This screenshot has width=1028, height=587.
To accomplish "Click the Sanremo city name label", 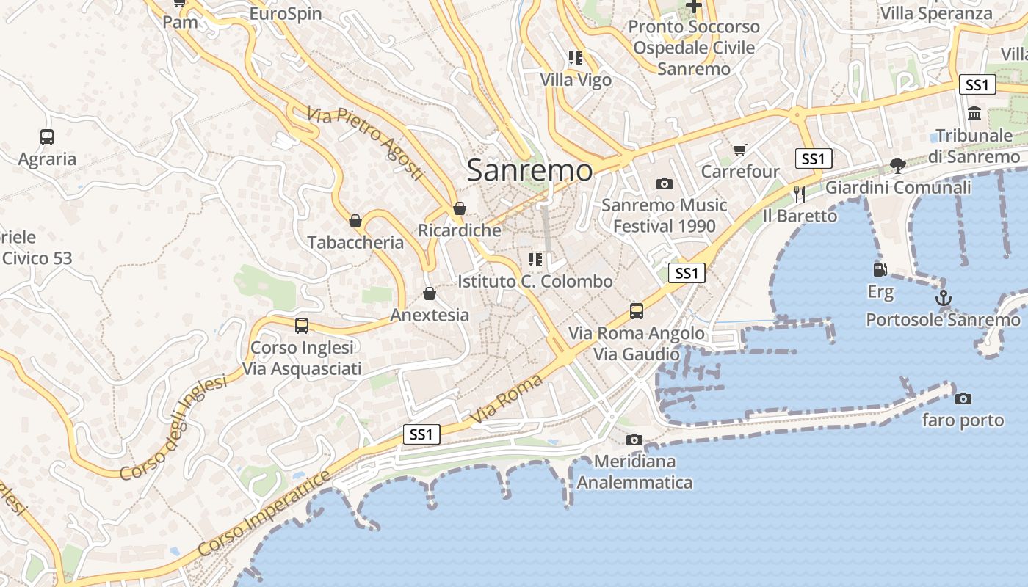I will pos(529,170).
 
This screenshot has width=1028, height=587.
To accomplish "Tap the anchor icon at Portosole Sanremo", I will pos(944,298).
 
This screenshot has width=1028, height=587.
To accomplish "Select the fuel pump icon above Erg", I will pos(880,270).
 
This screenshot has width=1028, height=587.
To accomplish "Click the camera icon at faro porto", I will pos(963,398).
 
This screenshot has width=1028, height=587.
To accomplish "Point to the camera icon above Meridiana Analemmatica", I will pos(634,440).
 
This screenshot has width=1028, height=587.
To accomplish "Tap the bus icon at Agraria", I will pos(47,136).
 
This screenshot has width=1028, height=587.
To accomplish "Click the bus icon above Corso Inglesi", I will pos(301,325).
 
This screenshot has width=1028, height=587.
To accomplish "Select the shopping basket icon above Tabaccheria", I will pos(355,220).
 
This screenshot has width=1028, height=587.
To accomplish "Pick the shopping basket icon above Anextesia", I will pos(430,293).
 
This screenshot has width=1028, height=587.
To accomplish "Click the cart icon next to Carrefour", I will pos(740,150).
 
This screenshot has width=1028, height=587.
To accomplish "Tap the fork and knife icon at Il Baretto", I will pos(800,194).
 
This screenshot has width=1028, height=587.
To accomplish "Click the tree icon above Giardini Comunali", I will pos(897,165).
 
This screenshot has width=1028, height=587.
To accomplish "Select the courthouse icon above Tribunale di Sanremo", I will pos(974,113).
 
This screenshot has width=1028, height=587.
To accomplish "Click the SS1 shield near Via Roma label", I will pos(421,434).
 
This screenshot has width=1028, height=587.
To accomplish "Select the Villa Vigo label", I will pos(576,80).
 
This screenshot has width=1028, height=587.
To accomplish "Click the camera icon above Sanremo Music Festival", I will pos(665,183).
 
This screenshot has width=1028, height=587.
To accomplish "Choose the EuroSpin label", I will pos(286,13).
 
